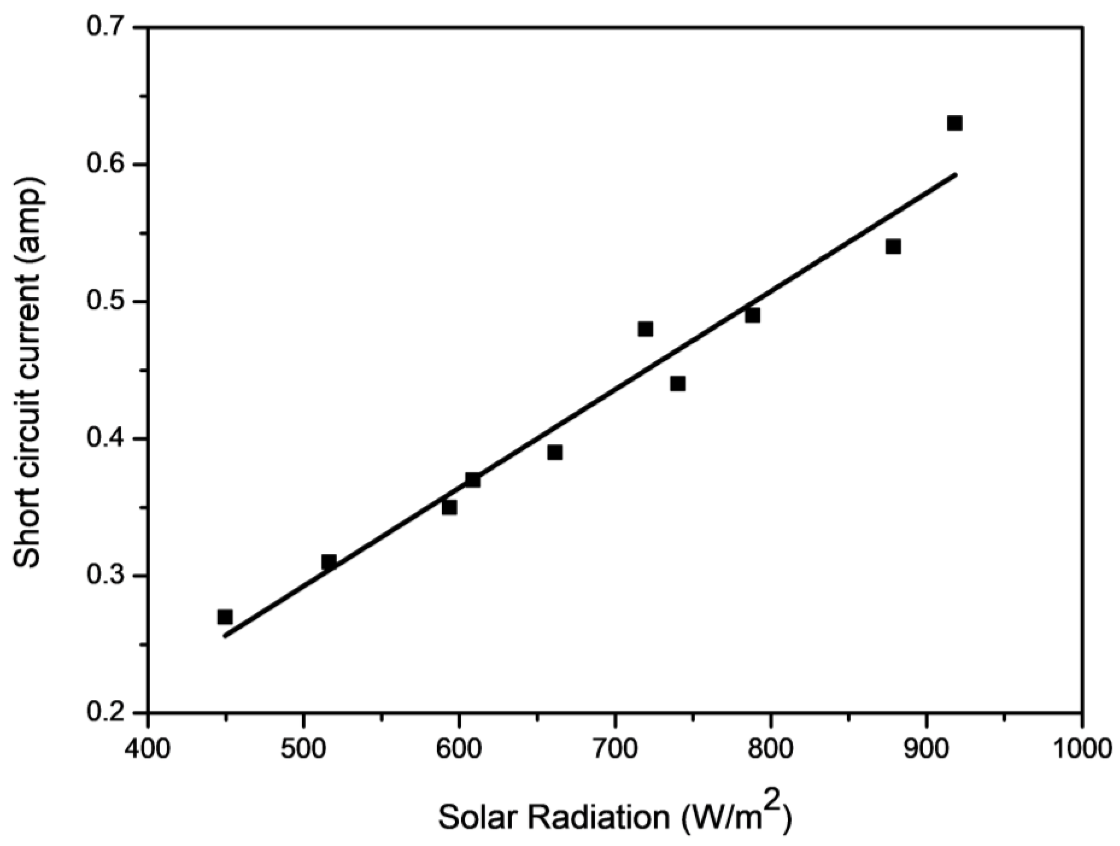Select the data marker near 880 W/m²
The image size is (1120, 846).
[x=893, y=247]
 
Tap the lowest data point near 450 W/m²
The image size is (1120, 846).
[x=225, y=617]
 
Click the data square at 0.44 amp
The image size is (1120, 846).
[x=678, y=384]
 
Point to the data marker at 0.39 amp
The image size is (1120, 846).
[x=555, y=452]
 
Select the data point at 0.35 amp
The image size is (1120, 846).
[x=449, y=507]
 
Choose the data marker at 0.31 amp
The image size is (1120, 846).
[x=329, y=562]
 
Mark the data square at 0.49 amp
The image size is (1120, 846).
[x=752, y=315]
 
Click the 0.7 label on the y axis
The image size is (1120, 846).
[x=107, y=27]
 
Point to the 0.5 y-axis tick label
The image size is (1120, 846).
[x=107, y=301]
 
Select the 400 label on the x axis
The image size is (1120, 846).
[x=147, y=749]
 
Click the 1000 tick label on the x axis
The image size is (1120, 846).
[x=1082, y=749]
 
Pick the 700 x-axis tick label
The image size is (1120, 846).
[x=615, y=749]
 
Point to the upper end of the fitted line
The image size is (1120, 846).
[x=955, y=174]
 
